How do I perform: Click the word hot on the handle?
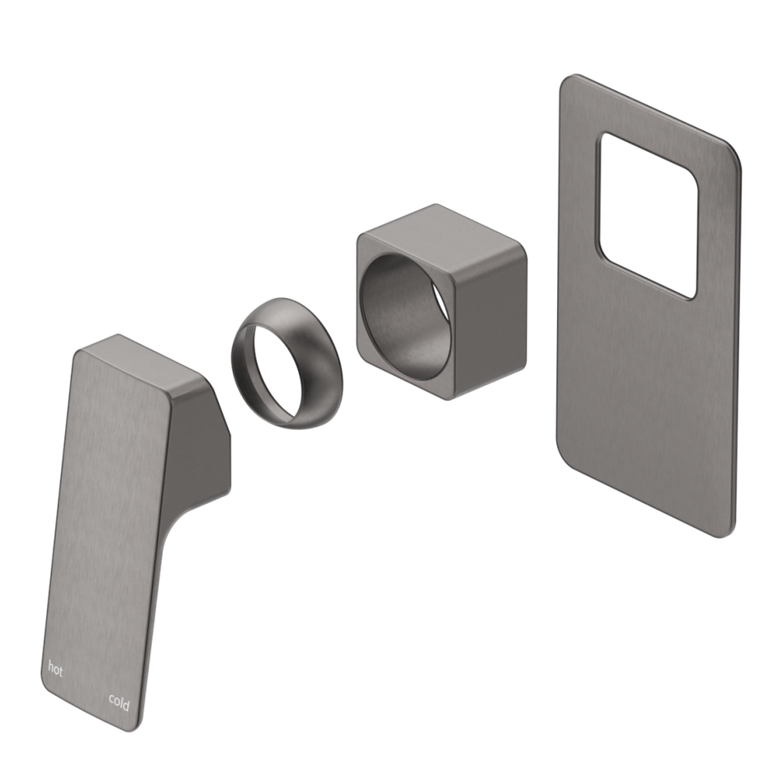click(55, 668)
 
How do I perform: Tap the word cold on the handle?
click(119, 703)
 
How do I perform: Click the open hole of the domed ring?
click(266, 368)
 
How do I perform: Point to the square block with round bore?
click(441, 301)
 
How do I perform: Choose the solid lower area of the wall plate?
click(643, 401)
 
